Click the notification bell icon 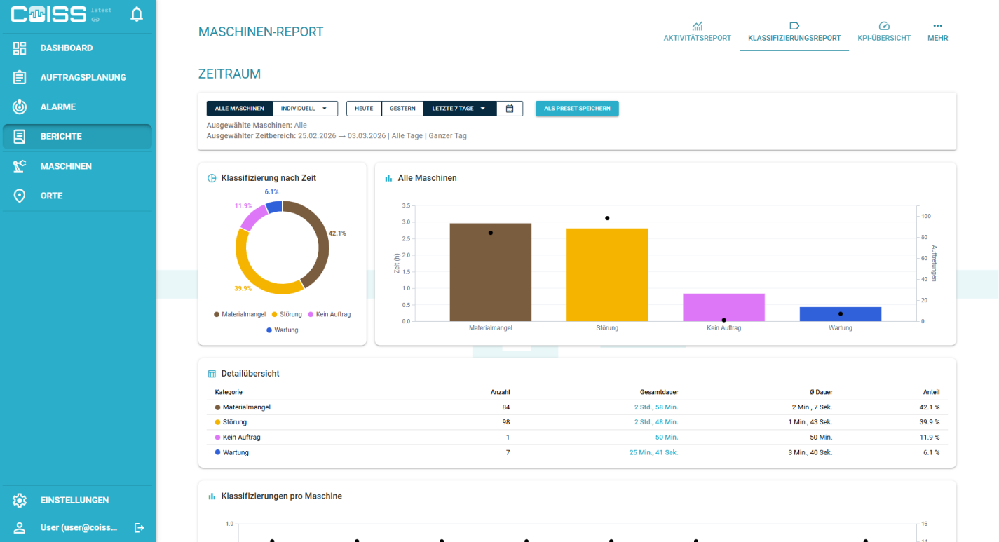[x=137, y=14]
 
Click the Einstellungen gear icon [x=20, y=500]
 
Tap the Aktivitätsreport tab [x=697, y=32]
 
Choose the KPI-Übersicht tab [x=884, y=32]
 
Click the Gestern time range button [x=402, y=109]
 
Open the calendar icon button [x=510, y=109]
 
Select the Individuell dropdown [x=304, y=109]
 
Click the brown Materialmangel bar [x=491, y=272]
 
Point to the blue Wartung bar [x=841, y=314]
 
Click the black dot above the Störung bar [x=607, y=218]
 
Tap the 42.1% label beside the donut [x=337, y=233]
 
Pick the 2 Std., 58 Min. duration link [x=656, y=407]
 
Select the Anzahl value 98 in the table [x=505, y=422]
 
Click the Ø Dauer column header [x=821, y=392]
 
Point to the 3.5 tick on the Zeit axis [x=406, y=205]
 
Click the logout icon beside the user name [x=139, y=528]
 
